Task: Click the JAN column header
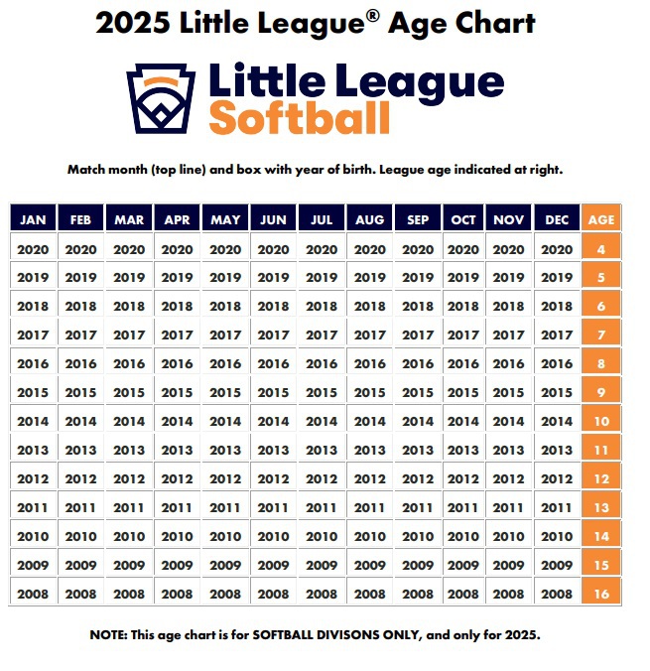[33, 219]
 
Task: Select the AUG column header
[369, 219]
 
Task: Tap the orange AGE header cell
[602, 219]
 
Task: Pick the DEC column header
[557, 219]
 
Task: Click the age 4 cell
[602, 250]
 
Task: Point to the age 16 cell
[602, 594]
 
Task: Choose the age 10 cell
[602, 421]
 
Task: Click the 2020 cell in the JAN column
[33, 250]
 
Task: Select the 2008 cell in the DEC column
[557, 594]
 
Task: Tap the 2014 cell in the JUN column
[273, 421]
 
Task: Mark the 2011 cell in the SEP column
[418, 507]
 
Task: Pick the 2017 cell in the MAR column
[129, 335]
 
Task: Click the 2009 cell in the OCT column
[463, 565]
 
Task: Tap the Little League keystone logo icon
[161, 98]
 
